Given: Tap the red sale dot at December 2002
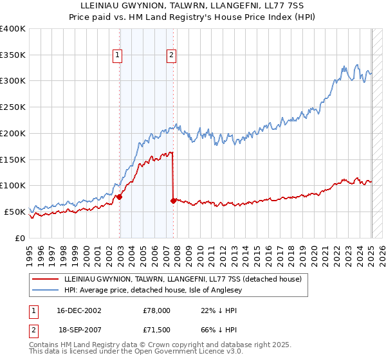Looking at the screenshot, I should click(x=120, y=197).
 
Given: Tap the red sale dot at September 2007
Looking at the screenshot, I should click(x=173, y=201).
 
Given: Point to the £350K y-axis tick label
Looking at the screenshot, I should click(x=13, y=55).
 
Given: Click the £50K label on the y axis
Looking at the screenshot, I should click(x=15, y=212).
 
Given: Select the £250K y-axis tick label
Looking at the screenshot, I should click(x=13, y=107).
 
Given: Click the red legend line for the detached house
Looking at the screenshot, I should click(x=46, y=278).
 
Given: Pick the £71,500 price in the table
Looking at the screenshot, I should click(x=156, y=328).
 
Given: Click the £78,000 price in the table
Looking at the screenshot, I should click(x=156, y=310).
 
